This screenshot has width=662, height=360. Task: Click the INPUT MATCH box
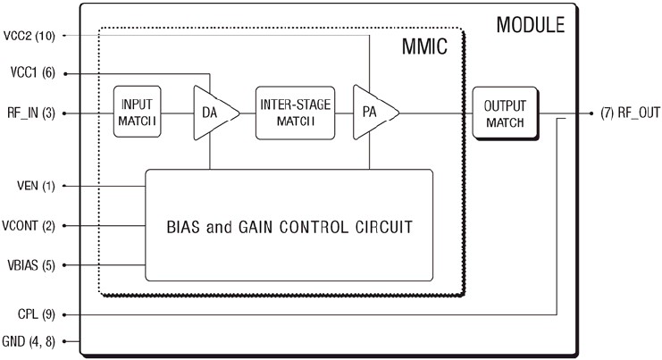[x=138, y=113]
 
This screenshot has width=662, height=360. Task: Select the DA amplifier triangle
[x=213, y=113]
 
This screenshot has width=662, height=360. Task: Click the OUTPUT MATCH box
[x=505, y=113]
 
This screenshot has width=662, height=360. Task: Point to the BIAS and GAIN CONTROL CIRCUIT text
[x=289, y=227]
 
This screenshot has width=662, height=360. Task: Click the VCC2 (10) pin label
[x=30, y=36]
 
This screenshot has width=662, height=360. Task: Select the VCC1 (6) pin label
[x=33, y=74]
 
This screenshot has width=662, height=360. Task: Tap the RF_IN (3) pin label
[x=31, y=113]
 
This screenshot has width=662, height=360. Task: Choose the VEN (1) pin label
[x=37, y=187]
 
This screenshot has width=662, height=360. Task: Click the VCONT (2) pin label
[x=30, y=226]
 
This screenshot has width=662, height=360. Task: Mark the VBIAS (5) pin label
[x=33, y=265]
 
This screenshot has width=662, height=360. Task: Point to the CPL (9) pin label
[x=37, y=314]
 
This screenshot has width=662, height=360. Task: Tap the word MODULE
[x=530, y=24]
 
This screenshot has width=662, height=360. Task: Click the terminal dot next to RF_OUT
[x=593, y=113]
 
